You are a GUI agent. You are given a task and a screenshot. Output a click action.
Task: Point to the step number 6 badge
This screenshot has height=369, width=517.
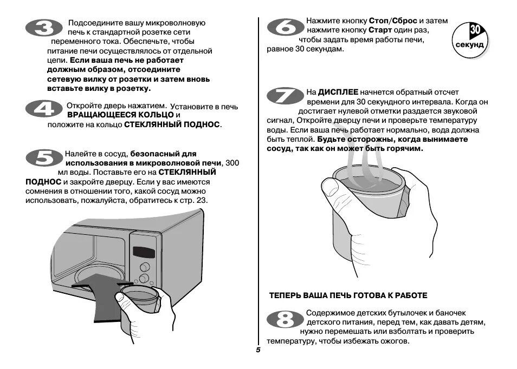point(285,28)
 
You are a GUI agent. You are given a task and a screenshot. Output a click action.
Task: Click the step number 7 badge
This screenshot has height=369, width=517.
point(285,97)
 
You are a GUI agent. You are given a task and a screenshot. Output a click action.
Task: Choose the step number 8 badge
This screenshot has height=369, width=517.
point(285,320)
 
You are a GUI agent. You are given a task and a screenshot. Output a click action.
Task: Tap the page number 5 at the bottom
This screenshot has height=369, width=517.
point(258,350)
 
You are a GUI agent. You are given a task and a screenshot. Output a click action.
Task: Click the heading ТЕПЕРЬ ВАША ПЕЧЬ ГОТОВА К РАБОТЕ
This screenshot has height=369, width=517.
point(348,295)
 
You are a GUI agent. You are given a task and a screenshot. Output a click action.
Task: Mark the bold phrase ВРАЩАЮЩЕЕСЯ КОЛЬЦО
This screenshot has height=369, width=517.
point(120,115)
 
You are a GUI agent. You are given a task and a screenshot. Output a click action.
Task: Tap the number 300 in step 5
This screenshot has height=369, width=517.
point(232,163)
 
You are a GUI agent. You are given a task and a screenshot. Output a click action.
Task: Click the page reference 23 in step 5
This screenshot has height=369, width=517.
point(202,200)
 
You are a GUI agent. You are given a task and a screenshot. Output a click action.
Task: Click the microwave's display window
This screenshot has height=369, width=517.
point(144,252)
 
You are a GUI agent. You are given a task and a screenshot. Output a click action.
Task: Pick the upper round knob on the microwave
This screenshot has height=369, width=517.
point(145,267)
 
